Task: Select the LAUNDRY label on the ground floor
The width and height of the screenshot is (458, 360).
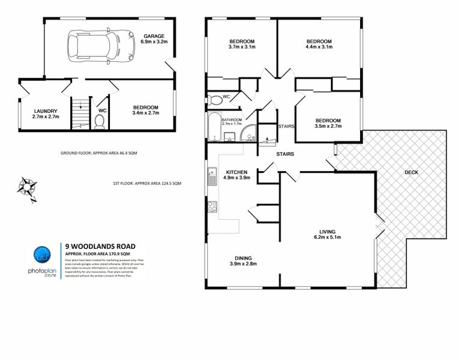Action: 46,111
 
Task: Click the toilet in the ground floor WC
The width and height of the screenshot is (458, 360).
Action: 100,122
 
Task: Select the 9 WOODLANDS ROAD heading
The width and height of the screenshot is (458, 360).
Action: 100,246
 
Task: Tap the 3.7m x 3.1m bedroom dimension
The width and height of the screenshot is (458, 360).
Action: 242,47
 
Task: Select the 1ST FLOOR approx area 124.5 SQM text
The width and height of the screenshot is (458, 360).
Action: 146,183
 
